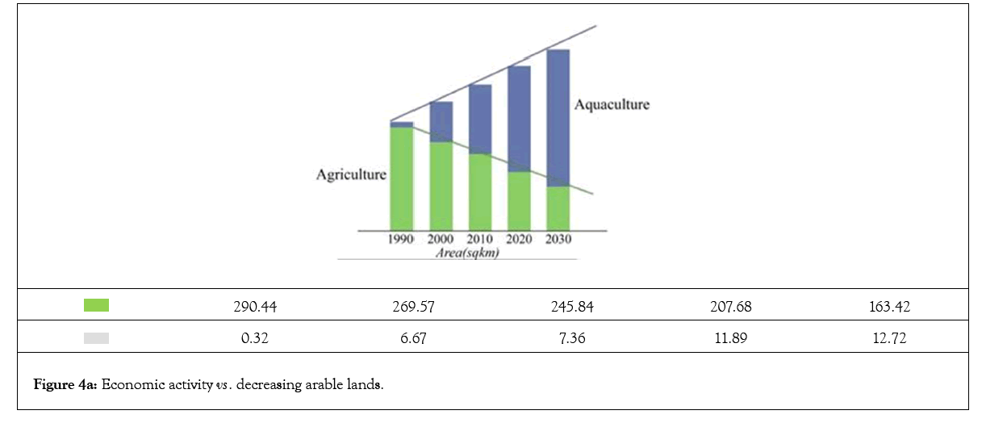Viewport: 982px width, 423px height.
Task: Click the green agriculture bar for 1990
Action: click(401, 178)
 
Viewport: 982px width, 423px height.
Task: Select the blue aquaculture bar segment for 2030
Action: click(558, 118)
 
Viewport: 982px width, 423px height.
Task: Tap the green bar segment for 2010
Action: click(479, 191)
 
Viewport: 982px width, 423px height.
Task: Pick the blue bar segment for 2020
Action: click(519, 119)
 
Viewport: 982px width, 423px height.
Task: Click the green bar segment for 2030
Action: click(558, 207)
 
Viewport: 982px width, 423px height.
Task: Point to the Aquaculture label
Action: click(612, 105)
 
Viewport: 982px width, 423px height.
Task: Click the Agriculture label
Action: click(351, 174)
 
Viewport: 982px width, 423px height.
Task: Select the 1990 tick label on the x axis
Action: click(401, 240)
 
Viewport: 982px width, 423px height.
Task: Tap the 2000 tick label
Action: click(441, 240)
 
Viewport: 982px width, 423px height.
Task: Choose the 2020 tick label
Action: click(519, 240)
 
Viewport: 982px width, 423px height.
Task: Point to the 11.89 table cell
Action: click(729, 339)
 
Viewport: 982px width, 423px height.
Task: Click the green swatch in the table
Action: click(96, 306)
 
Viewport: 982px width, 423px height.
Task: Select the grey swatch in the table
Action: click(96, 339)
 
